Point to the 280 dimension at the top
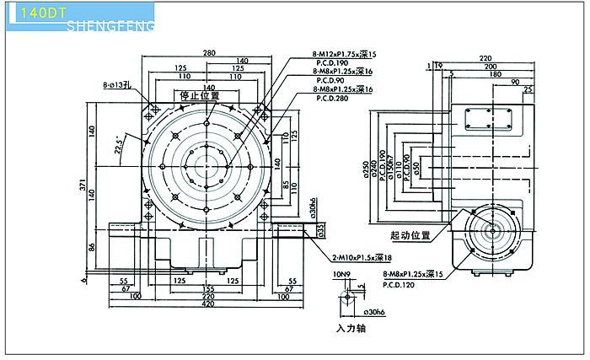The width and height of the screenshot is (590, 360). click(208, 52)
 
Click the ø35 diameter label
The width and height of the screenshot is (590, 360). click(320, 228)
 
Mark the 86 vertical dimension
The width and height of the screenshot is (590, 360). click(94, 248)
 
